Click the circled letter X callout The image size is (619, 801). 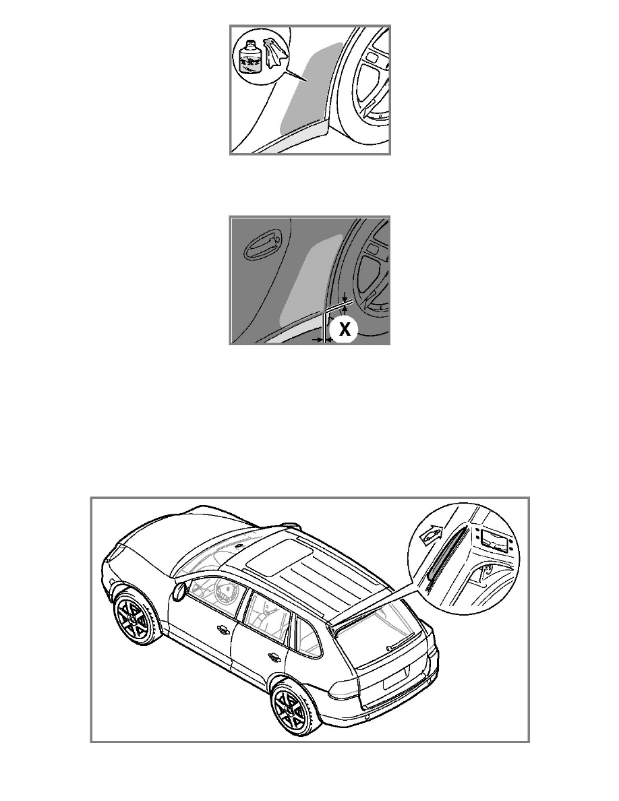(345, 329)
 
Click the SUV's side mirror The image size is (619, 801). (179, 591)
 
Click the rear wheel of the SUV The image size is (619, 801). (291, 709)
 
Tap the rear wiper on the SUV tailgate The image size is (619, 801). (401, 642)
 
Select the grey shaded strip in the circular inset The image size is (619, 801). (445, 554)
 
